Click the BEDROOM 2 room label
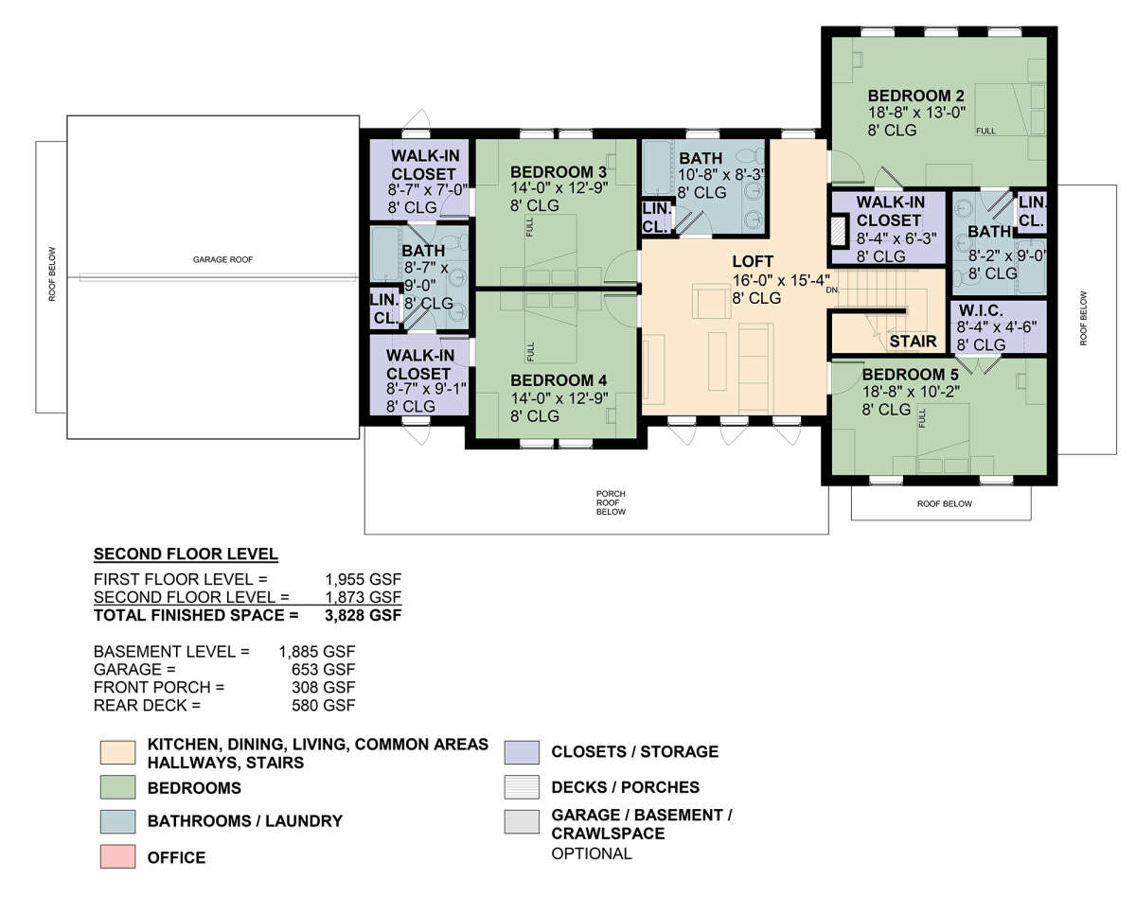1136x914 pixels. [915, 97]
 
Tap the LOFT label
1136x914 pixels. [753, 261]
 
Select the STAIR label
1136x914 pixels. [914, 342]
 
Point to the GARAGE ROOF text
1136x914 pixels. [222, 259]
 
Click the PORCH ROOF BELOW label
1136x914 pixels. [611, 502]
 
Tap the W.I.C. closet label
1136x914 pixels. [981, 310]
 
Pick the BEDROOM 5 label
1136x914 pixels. [911, 374]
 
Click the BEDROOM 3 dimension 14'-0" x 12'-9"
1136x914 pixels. [559, 188]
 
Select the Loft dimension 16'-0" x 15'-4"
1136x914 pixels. [781, 280]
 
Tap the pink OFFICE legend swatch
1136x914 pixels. [117, 856]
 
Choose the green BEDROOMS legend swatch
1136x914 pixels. [117, 787]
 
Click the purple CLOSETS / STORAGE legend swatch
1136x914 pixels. [522, 752]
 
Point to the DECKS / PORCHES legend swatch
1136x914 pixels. [522, 787]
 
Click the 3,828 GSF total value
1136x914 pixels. [364, 615]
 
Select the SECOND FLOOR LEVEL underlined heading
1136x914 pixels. [186, 554]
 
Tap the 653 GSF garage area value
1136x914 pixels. [324, 669]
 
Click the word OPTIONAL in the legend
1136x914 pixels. [592, 853]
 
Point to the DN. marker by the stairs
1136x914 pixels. [832, 290]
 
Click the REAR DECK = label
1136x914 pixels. [148, 705]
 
